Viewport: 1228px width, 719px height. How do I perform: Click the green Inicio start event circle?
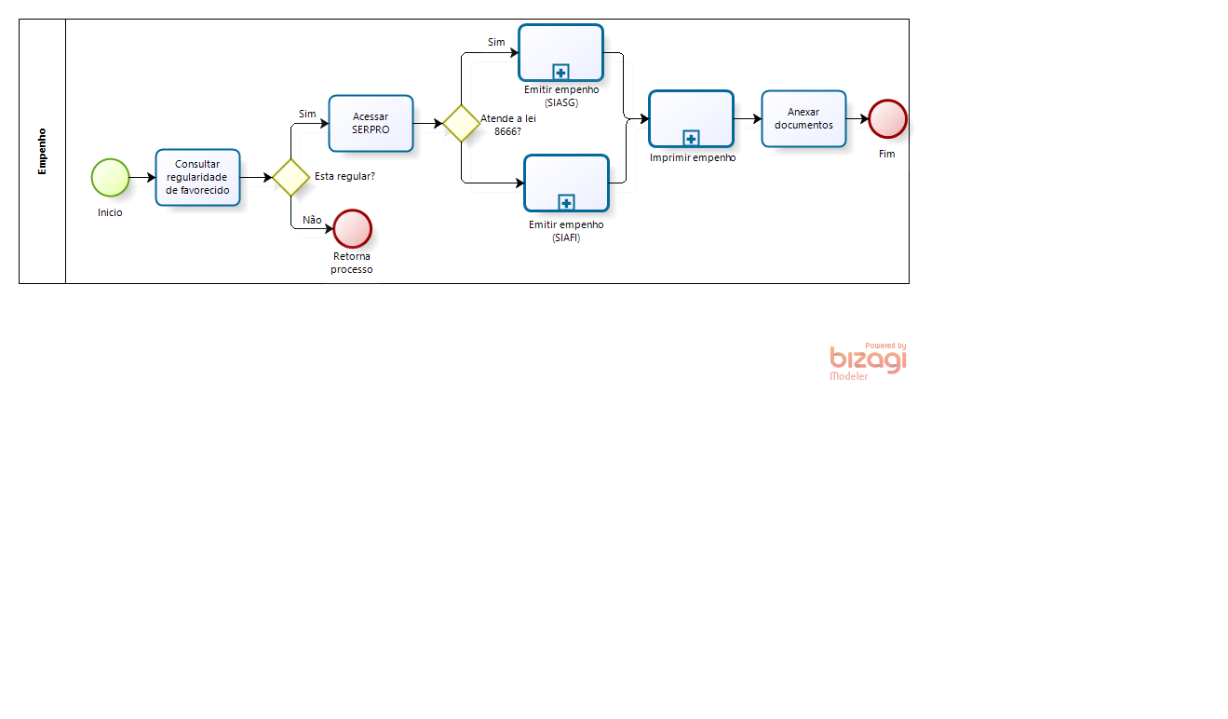110,178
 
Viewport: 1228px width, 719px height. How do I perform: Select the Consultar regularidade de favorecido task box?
198,178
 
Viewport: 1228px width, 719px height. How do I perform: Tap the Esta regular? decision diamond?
291,178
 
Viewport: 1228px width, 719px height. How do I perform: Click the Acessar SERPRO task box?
371,123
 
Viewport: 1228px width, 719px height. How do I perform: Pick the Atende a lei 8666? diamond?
462,123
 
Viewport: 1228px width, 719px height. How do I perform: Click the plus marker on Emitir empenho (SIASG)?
560,72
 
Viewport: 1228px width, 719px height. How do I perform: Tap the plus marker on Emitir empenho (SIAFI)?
566,202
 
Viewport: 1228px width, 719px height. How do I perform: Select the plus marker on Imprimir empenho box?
692,138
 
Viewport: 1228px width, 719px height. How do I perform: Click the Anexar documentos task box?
803,119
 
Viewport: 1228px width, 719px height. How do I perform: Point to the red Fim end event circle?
887,119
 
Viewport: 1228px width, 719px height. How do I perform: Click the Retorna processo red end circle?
353,229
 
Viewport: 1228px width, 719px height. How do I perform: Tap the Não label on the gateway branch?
312,220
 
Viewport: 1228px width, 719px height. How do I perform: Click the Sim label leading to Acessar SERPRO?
307,114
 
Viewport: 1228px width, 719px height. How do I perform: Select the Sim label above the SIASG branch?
496,42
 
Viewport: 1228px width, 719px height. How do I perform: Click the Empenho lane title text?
42,152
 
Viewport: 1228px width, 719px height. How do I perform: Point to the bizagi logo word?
868,359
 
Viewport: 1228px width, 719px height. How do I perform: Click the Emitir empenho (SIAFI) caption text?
566,231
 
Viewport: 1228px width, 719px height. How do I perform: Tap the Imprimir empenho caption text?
693,158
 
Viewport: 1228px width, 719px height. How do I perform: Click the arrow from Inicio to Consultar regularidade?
142,178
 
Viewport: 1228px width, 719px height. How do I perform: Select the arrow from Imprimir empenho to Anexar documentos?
748,119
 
